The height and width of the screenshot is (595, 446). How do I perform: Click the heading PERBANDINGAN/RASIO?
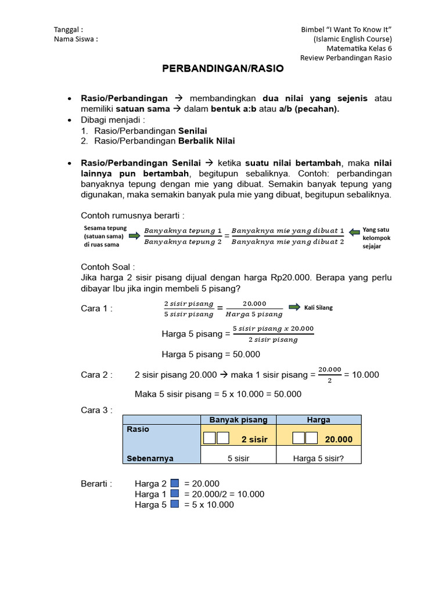pos(222,69)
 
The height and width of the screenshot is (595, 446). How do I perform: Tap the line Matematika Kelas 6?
pos(359,49)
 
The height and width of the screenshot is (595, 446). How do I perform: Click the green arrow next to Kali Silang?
pos(294,307)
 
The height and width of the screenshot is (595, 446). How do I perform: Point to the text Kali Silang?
pos(318,307)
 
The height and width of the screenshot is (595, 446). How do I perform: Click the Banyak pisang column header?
pos(238,420)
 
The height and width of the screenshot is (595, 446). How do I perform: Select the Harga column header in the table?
pos(318,420)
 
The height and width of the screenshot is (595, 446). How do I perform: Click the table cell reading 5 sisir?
pos(238,458)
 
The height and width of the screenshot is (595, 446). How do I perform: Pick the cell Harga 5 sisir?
pos(318,458)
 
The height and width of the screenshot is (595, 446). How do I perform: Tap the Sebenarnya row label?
pos(150,458)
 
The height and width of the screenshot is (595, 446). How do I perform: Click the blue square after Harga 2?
pos(175,483)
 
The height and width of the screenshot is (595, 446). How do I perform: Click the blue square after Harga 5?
pos(175,504)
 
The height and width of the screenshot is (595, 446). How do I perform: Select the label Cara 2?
pos(96,375)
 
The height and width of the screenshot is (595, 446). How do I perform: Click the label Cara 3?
pos(96,410)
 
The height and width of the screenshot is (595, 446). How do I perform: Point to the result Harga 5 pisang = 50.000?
pos(210,354)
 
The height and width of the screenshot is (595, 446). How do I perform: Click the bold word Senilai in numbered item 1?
pos(192,131)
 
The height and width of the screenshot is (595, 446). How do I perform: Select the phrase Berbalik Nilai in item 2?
pos(206,141)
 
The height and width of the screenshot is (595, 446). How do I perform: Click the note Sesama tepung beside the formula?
pos(105,228)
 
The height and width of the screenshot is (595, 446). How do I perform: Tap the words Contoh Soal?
pos(107,267)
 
